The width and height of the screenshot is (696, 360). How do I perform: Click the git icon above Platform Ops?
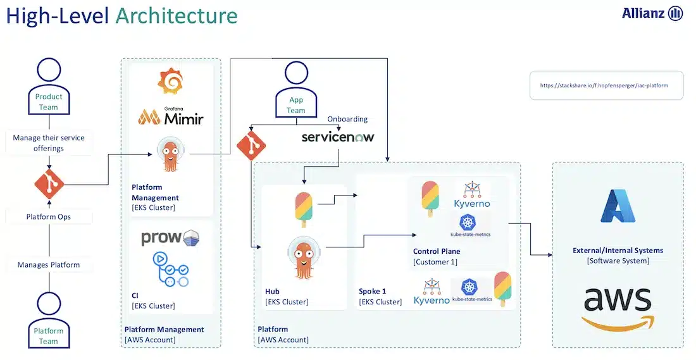click(49, 185)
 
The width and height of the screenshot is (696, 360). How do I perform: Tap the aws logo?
click(617, 307)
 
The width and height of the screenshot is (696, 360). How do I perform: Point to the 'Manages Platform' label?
click(49, 264)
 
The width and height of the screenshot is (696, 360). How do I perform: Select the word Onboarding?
click(347, 119)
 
